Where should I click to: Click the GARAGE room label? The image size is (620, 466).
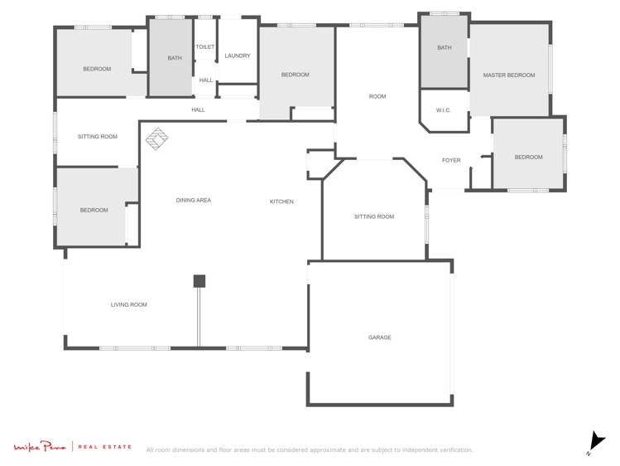(379, 337)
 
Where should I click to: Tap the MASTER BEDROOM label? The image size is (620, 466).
(508, 75)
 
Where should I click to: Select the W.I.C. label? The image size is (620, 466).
(443, 110)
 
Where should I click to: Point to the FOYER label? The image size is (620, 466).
(451, 160)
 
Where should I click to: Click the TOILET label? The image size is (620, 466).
(205, 47)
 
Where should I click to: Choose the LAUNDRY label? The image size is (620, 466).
(238, 56)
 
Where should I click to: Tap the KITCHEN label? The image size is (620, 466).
(281, 201)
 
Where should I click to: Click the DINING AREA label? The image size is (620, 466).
(193, 200)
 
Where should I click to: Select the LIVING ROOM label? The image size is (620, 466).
(128, 304)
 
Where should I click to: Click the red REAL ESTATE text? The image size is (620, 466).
(104, 447)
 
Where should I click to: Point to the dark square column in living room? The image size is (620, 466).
(199, 281)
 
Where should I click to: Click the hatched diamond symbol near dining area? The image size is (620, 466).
(156, 138)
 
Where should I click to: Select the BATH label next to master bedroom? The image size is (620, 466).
(445, 48)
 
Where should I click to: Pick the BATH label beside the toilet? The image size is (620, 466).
(175, 58)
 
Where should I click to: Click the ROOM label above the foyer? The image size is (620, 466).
(377, 96)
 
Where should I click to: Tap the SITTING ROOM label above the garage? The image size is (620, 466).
(374, 216)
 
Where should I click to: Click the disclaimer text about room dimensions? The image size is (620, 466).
(310, 450)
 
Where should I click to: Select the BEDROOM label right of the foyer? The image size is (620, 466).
(528, 157)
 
